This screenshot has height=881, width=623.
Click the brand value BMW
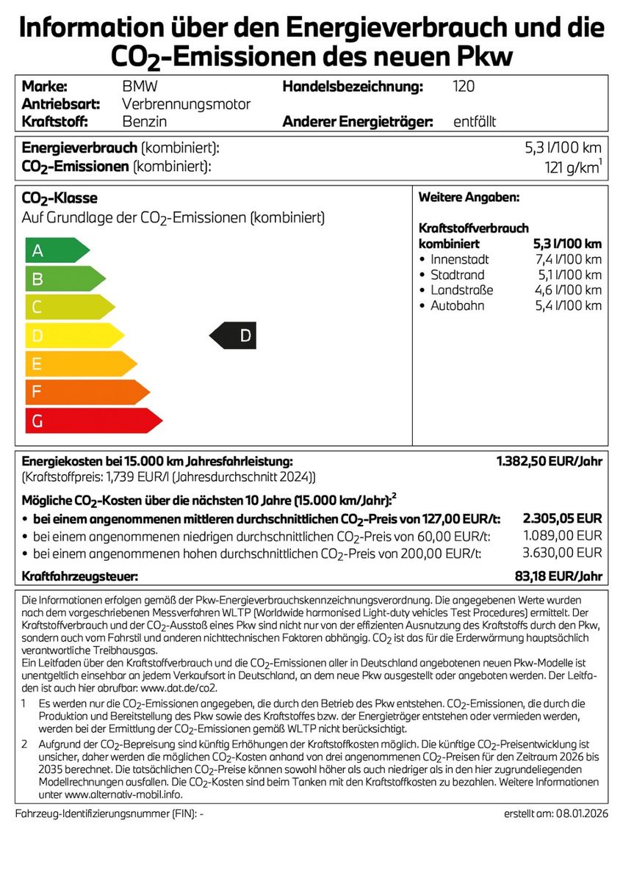[x=140, y=87]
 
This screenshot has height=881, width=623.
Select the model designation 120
[x=464, y=87]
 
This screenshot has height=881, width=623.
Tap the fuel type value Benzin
[x=144, y=121]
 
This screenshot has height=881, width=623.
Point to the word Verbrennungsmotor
[x=186, y=104]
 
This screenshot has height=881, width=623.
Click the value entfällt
[x=475, y=121]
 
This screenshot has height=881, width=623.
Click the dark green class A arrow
[x=55, y=250]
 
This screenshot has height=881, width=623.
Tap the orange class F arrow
[x=84, y=392]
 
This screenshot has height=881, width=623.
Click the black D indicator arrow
[x=234, y=336]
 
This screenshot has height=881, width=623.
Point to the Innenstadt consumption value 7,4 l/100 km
[x=568, y=259]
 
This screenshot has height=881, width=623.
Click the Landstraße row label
[x=461, y=290]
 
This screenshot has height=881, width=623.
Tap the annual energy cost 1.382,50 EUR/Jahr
[x=550, y=461]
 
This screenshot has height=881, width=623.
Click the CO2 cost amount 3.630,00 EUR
[x=562, y=553]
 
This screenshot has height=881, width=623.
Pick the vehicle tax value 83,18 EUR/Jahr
[x=559, y=576]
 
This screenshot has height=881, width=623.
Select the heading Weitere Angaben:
[x=469, y=197]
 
